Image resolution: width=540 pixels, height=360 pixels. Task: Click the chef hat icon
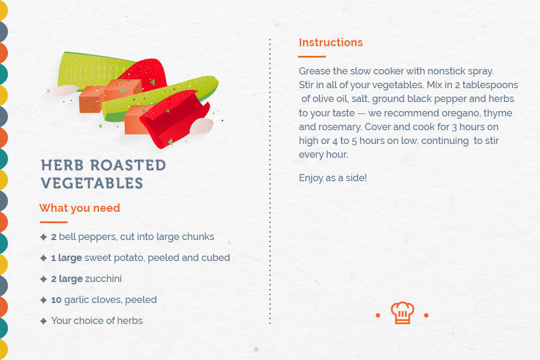pyautogui.click(x=402, y=313)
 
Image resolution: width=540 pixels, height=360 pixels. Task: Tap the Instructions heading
pyautogui.click(x=331, y=43)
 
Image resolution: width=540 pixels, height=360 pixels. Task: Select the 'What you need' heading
pyautogui.click(x=80, y=208)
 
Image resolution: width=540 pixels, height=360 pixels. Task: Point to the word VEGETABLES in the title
pyautogui.click(x=92, y=183)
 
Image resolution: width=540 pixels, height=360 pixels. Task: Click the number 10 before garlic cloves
pyautogui.click(x=56, y=299)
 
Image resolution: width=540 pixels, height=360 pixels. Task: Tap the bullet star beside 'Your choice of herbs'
pyautogui.click(x=43, y=321)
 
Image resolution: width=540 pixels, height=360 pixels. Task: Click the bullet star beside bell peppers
pyautogui.click(x=43, y=237)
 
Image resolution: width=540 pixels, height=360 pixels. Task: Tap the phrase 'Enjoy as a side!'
pyautogui.click(x=332, y=178)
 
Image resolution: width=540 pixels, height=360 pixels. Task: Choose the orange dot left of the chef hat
pyautogui.click(x=377, y=315)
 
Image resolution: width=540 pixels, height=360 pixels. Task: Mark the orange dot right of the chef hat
pyautogui.click(x=426, y=315)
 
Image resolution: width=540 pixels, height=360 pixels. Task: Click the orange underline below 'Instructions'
pyautogui.click(x=312, y=56)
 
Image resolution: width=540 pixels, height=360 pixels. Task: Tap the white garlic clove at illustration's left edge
pyautogui.click(x=62, y=91)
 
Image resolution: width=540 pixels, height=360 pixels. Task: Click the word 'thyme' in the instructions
pyautogui.click(x=497, y=113)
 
